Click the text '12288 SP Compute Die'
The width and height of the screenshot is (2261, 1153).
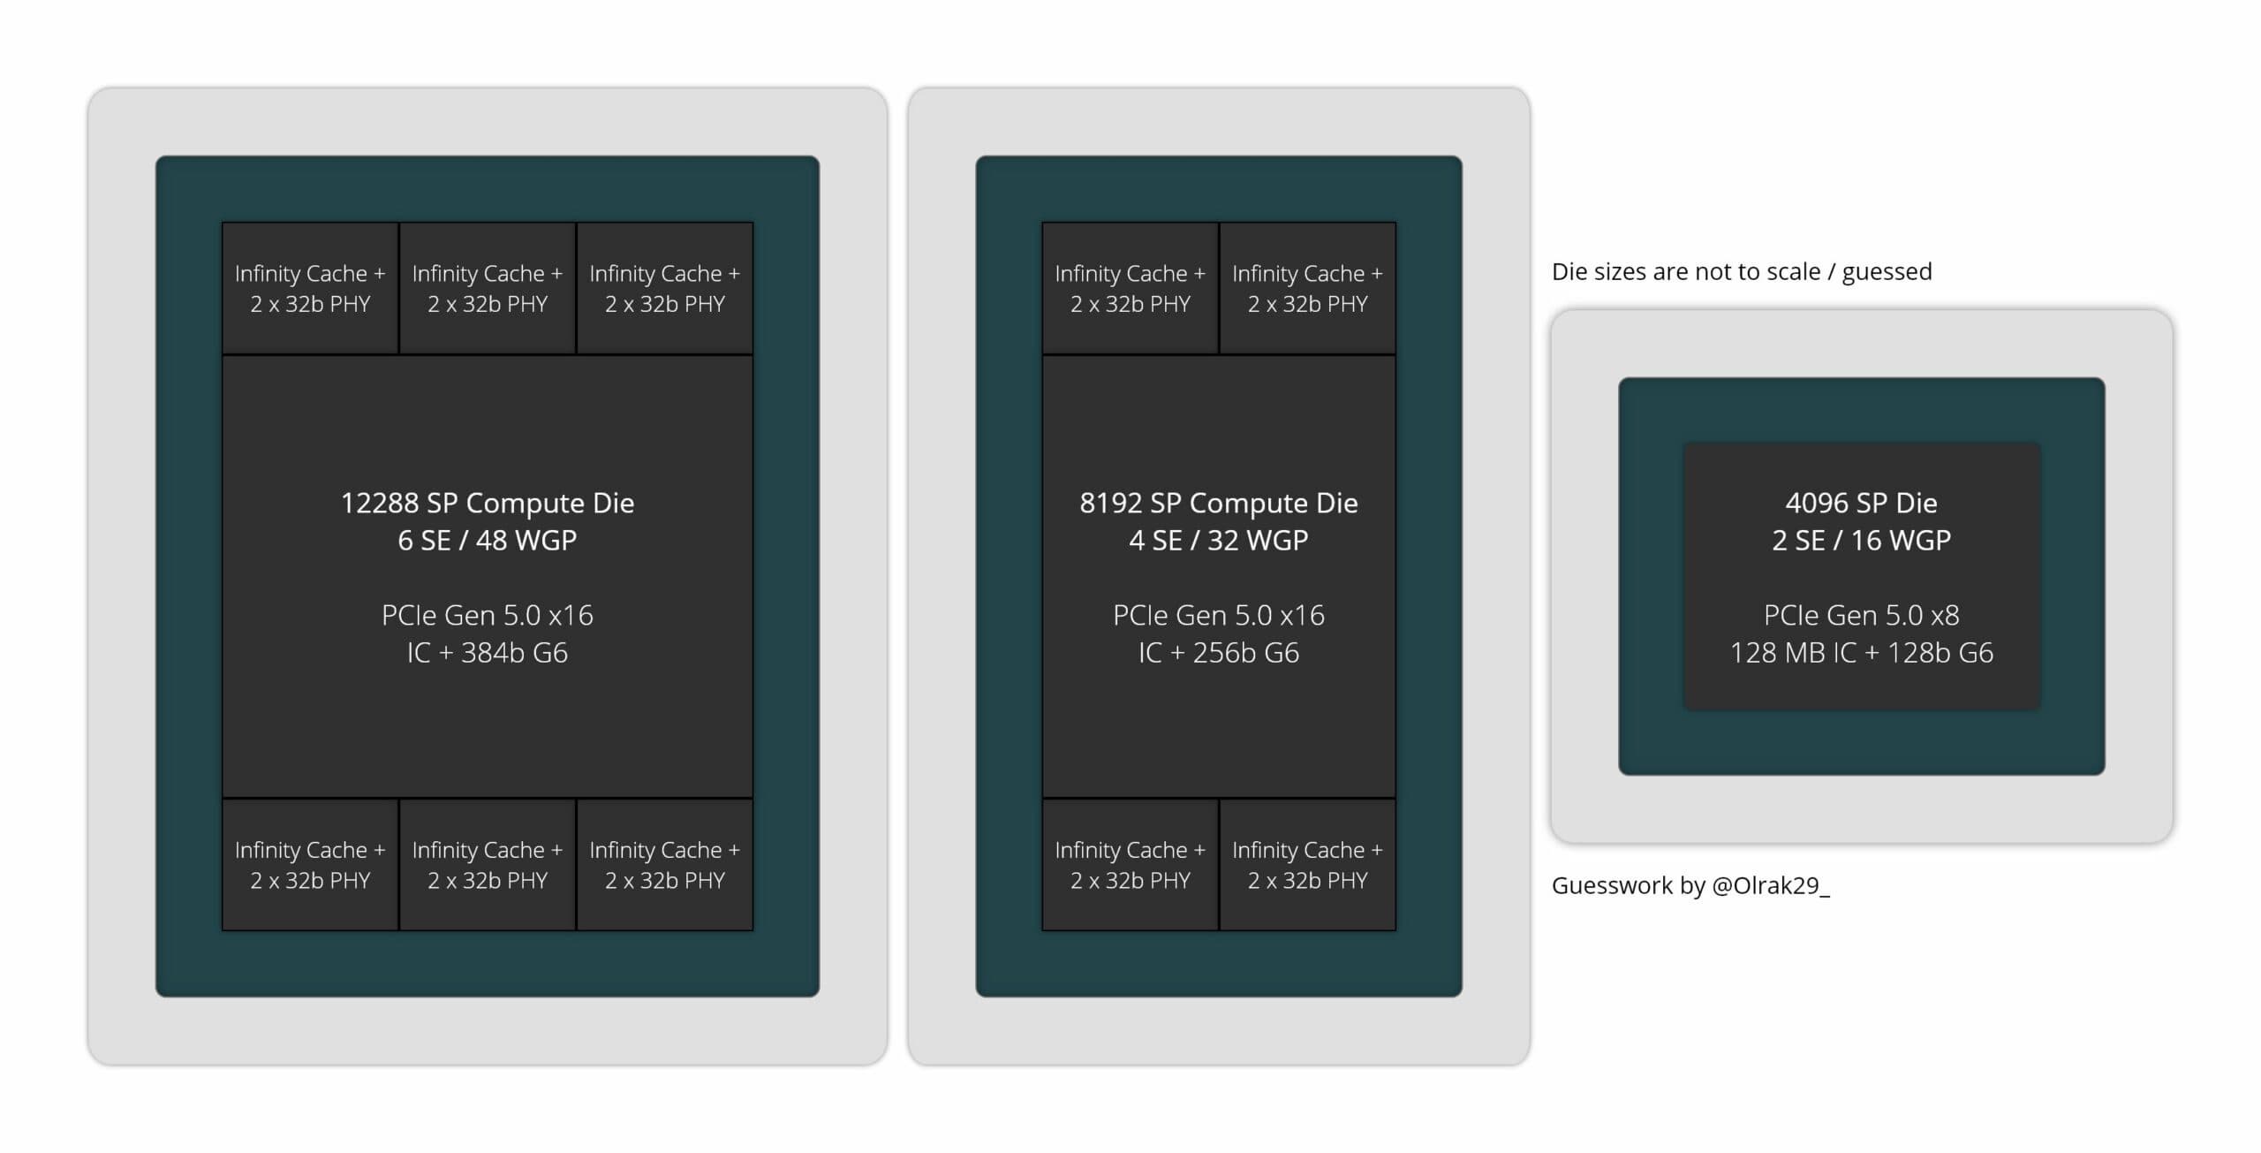488,504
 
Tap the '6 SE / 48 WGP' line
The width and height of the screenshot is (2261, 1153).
488,541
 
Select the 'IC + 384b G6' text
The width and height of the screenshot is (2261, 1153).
488,653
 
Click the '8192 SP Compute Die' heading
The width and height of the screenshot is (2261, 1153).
1219,504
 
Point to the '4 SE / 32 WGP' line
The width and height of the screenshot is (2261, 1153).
1219,541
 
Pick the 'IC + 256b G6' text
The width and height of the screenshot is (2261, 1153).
1219,653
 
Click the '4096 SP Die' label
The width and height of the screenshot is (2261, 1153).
1862,504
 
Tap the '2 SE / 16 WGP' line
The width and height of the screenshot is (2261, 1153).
1862,541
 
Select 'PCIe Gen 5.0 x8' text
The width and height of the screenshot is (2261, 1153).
1862,615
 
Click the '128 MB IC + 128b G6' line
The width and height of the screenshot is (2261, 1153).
1862,653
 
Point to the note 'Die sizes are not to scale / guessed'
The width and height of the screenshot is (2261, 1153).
1742,272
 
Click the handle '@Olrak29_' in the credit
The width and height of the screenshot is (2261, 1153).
1771,886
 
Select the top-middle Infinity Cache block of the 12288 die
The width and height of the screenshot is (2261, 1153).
488,288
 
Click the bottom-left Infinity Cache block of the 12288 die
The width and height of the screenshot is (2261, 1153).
310,865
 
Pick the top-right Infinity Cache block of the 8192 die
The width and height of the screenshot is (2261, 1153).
1308,288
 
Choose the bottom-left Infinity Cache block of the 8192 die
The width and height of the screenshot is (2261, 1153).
1130,865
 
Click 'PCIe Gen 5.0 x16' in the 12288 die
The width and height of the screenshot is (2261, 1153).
488,615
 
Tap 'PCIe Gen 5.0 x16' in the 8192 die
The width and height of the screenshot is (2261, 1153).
1219,615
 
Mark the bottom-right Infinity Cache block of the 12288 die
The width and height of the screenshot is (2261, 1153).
665,865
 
